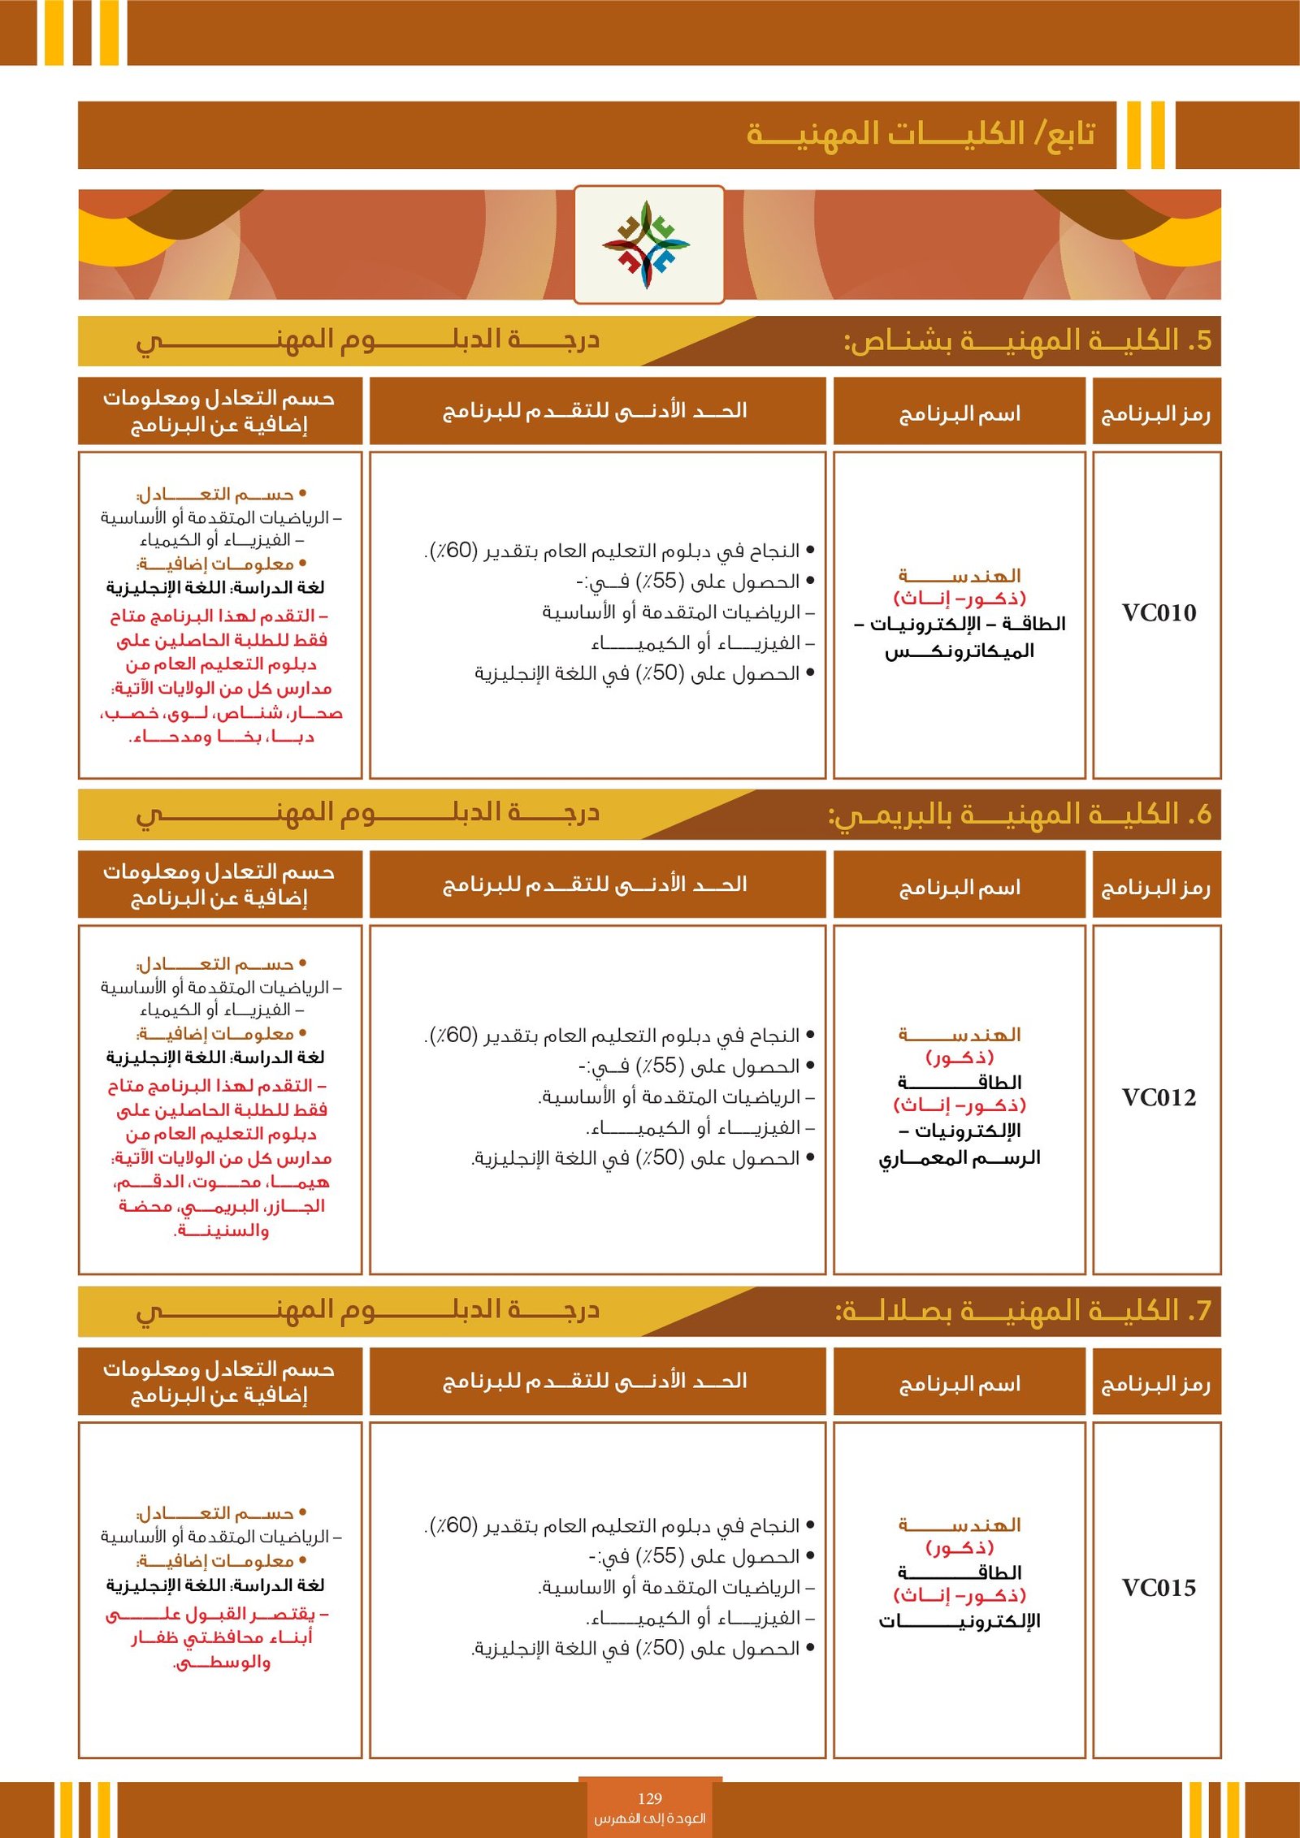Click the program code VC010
(x=1159, y=613)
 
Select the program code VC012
(x=1159, y=1098)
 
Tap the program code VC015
(x=1159, y=1588)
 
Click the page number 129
(x=650, y=1798)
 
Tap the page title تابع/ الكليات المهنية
(x=921, y=134)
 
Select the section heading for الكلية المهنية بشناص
(x=1027, y=341)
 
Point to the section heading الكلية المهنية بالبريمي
(x=1019, y=815)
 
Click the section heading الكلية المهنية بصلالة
(x=1023, y=1311)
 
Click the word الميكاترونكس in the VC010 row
(x=960, y=651)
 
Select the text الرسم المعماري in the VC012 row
(x=960, y=1157)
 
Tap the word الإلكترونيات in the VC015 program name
(x=960, y=1621)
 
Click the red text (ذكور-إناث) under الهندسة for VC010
(x=960, y=599)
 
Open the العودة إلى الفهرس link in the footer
(x=650, y=1818)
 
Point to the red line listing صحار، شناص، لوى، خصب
(x=221, y=713)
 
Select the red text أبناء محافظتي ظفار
(x=221, y=1637)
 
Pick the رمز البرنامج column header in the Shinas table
(x=1155, y=414)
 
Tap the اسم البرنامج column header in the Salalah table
(x=960, y=1384)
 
